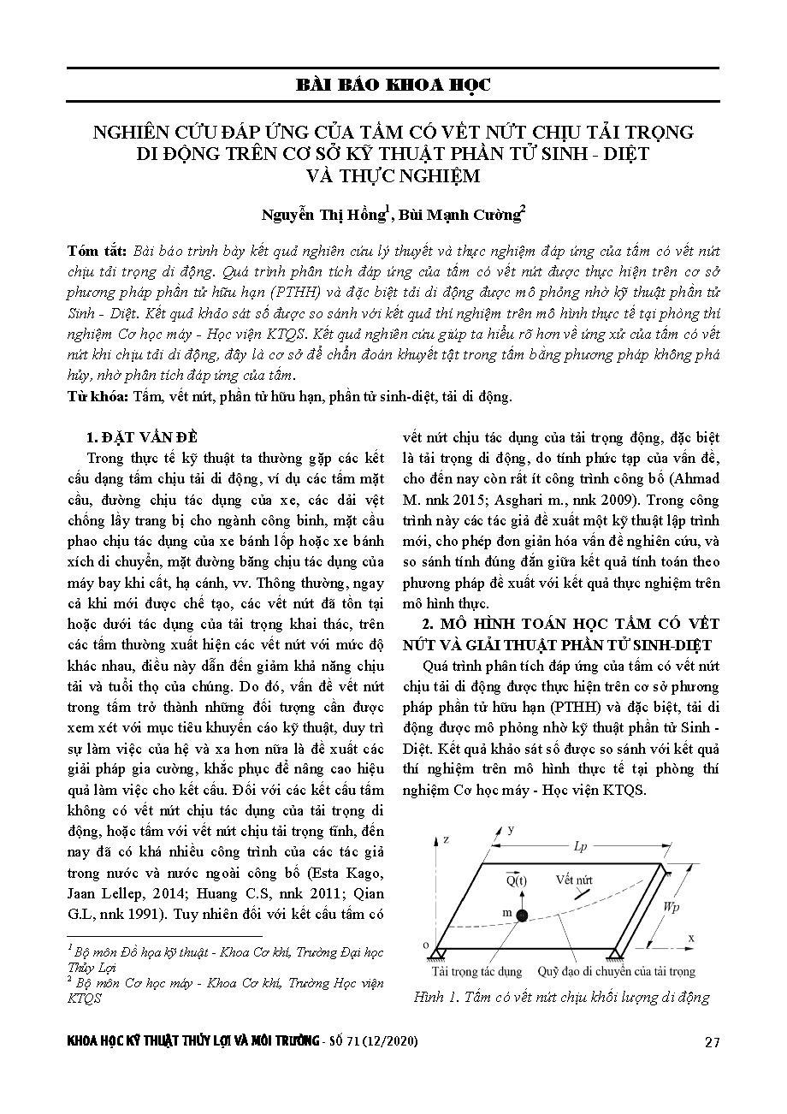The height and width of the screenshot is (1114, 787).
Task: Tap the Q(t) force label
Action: coord(516,880)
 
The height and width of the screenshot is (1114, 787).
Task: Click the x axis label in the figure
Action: coord(690,939)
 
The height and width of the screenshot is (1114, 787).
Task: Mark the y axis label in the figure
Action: coord(511,830)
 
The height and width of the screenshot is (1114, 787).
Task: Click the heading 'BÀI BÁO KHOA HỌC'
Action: coord(393,86)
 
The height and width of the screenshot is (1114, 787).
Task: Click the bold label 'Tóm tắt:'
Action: coord(97,252)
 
